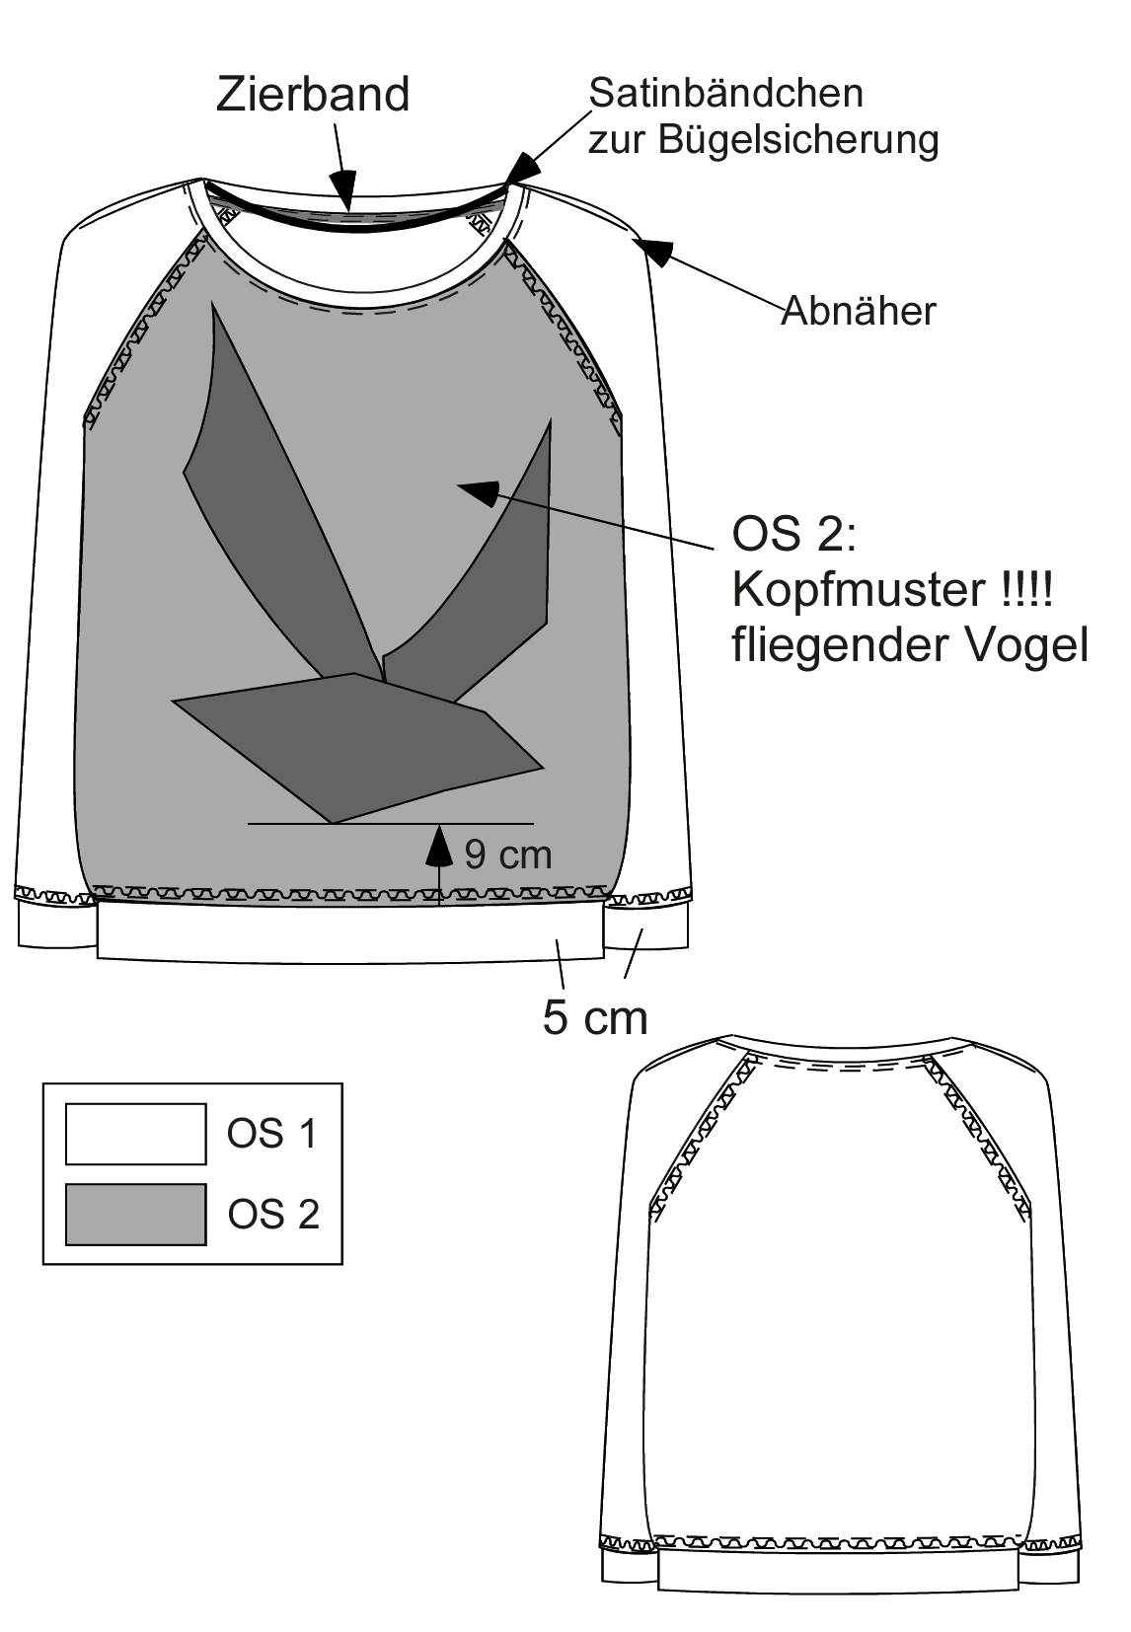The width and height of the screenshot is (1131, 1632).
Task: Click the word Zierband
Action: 313,95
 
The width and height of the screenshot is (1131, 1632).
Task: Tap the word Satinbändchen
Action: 725,94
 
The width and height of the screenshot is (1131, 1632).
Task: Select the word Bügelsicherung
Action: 798,140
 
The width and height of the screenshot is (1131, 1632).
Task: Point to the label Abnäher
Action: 859,311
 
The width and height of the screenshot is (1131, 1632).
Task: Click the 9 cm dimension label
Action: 508,853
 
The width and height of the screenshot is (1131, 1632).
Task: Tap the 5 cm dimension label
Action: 595,1017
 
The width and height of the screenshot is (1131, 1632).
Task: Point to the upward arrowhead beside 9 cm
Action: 439,846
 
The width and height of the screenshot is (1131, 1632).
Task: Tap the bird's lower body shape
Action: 357,747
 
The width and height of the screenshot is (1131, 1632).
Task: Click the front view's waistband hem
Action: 349,932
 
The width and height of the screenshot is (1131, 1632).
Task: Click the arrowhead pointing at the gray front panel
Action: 479,491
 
